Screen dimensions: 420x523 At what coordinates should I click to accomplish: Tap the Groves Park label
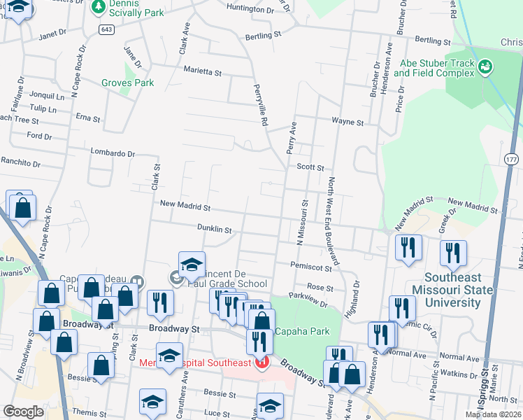click(x=127, y=83)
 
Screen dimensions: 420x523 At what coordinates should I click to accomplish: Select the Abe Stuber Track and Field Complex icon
click(x=485, y=67)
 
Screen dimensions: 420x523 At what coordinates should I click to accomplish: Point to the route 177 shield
click(x=511, y=160)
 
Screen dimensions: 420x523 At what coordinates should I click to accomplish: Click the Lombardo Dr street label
click(x=113, y=153)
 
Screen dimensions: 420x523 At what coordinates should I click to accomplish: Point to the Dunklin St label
click(x=213, y=229)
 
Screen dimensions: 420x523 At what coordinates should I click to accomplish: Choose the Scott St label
click(x=310, y=167)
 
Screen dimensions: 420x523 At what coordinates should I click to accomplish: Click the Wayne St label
click(x=348, y=122)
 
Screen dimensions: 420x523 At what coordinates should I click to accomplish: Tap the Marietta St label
click(x=202, y=71)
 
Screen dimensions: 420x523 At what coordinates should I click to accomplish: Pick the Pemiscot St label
click(x=311, y=267)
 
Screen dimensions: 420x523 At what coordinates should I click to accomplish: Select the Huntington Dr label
click(x=250, y=9)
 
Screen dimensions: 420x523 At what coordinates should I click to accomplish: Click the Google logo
click(x=23, y=411)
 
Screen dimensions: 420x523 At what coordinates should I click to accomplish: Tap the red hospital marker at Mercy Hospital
click(x=261, y=363)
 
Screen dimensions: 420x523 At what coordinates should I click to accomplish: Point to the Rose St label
click(x=320, y=287)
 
